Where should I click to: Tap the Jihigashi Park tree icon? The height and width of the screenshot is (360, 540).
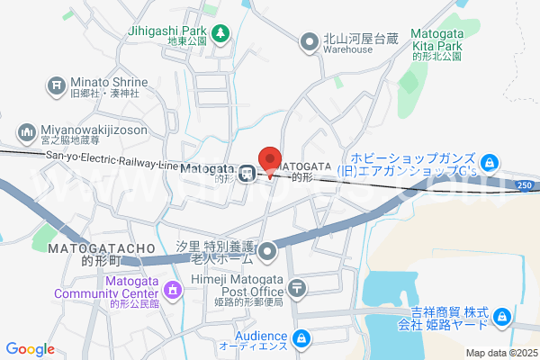coord(221,34)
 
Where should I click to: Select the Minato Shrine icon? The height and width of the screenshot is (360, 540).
coord(53,86)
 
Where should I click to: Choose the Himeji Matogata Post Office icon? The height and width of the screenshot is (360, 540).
coord(298,289)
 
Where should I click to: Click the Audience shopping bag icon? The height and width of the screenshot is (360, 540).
coord(302,338)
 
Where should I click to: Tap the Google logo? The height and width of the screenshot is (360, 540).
coord(31,349)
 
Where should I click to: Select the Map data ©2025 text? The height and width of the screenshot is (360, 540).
coord(499,352)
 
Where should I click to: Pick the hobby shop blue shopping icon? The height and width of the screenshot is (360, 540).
coord(488,163)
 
